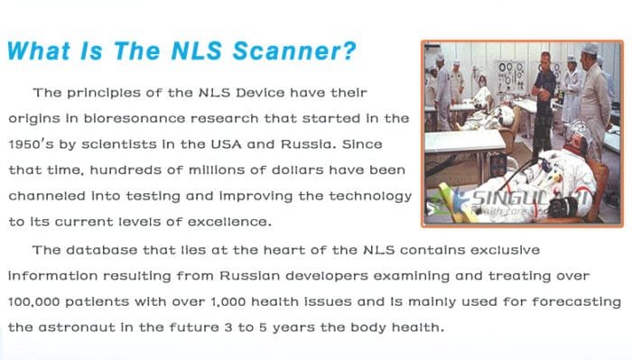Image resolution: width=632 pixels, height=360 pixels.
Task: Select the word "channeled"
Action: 43,196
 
